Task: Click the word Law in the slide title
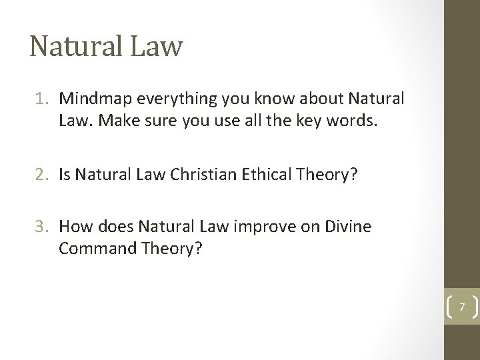157,46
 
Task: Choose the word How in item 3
72,227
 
